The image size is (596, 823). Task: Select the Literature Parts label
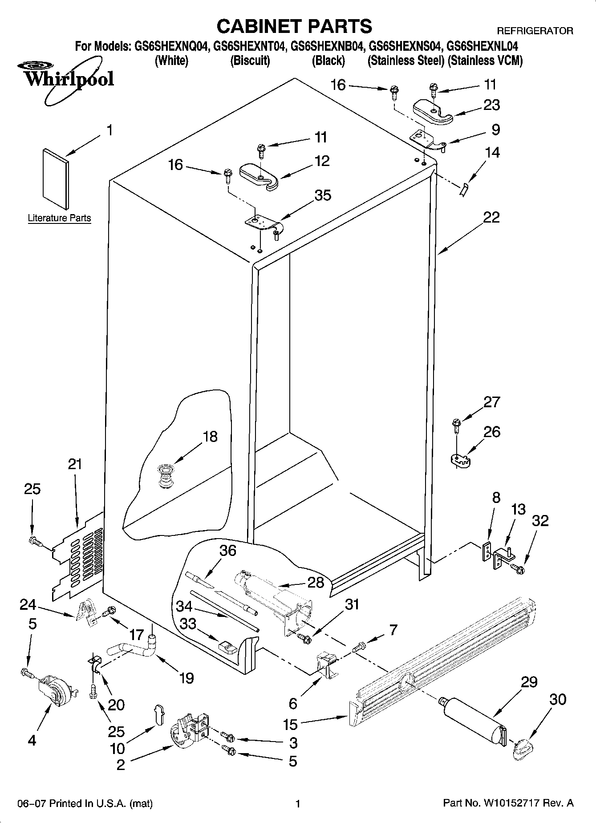click(59, 218)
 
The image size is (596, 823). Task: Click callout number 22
click(491, 218)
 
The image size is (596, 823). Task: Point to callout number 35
click(323, 195)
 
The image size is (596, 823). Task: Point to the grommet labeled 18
click(166, 477)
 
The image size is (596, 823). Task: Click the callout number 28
click(316, 582)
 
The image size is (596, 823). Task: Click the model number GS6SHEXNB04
click(328, 46)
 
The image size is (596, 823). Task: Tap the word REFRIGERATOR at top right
click(534, 31)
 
